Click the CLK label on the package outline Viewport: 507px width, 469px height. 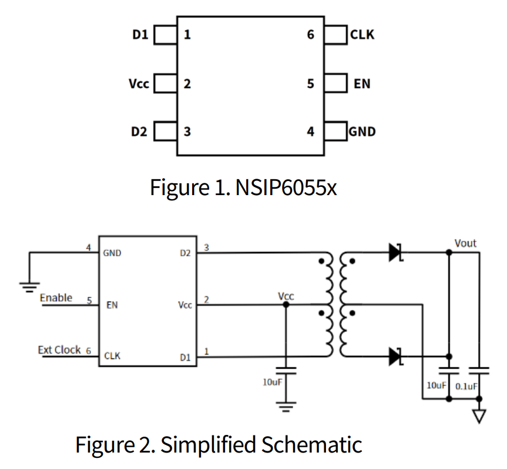click(x=362, y=35)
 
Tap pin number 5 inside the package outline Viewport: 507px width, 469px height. click(x=311, y=84)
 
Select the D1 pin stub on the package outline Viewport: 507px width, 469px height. click(x=165, y=35)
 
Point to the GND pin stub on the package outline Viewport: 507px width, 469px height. click(x=335, y=132)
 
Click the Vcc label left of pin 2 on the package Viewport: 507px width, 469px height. click(x=139, y=84)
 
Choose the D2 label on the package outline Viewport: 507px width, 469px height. click(x=139, y=132)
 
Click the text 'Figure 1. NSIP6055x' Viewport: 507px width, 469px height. click(x=244, y=187)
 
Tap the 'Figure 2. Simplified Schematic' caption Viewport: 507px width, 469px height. click(x=219, y=444)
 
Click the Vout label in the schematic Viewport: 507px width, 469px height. click(x=465, y=243)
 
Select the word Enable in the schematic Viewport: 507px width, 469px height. click(x=56, y=297)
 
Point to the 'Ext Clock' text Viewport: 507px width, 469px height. click(x=59, y=350)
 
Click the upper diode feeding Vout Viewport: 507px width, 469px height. click(x=395, y=253)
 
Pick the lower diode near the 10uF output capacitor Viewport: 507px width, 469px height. click(x=395, y=356)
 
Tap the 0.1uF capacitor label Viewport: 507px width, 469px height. click(x=468, y=387)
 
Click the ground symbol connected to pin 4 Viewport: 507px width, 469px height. click(x=26, y=286)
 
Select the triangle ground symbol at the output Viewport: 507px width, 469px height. click(x=480, y=416)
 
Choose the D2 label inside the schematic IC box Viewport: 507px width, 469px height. click(x=185, y=254)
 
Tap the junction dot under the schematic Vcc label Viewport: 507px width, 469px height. click(x=286, y=304)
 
